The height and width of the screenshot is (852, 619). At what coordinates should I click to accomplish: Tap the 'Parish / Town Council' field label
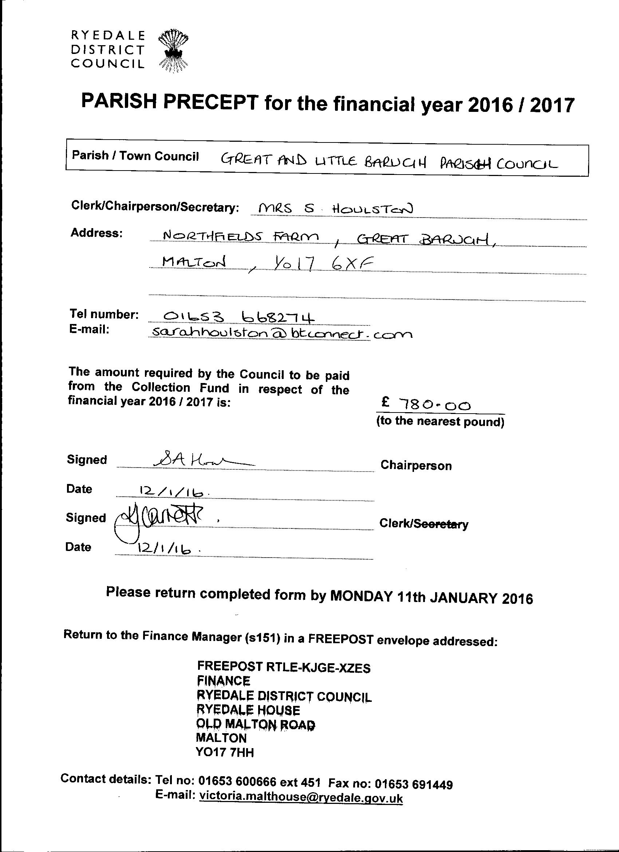pos(135,156)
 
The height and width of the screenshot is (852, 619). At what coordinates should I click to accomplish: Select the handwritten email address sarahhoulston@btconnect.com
pos(280,333)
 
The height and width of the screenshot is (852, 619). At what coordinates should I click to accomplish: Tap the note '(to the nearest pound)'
pos(440,422)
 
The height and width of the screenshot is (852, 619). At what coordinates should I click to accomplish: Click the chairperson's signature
pos(203,460)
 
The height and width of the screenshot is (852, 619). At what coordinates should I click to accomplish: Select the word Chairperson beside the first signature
pos(416,465)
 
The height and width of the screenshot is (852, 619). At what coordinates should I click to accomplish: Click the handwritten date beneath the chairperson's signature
pos(171,491)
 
